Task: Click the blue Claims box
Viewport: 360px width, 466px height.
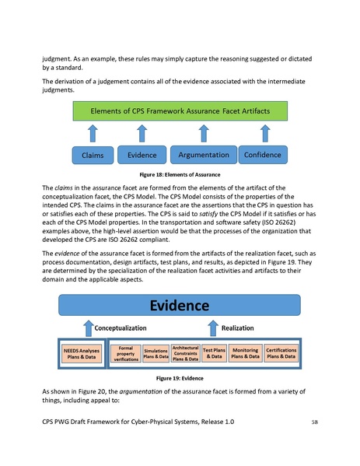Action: click(x=94, y=156)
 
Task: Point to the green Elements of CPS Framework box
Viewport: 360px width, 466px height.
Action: click(x=180, y=111)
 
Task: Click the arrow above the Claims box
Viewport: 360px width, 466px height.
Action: click(x=94, y=134)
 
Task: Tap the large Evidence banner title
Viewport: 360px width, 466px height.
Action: click(x=180, y=305)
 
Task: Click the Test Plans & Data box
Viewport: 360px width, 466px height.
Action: click(x=214, y=354)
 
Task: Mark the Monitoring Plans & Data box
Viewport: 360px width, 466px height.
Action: click(x=245, y=354)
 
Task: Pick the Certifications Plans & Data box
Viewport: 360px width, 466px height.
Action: click(x=281, y=354)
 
